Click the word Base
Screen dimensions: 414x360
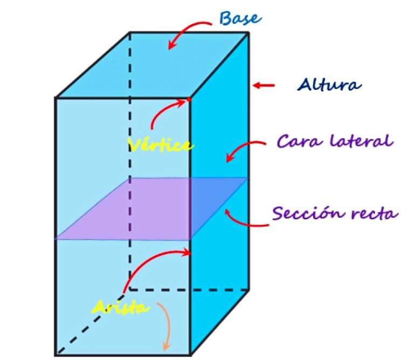tap(240, 18)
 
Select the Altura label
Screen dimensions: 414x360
tap(329, 84)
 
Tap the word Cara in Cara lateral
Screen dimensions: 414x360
tap(300, 141)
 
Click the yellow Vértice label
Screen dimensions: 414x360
tap(160, 145)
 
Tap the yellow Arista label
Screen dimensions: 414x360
tap(121, 307)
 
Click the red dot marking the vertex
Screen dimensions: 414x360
tap(189, 100)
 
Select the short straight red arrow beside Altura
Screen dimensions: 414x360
tap(264, 85)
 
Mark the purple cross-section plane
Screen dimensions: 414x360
tap(152, 209)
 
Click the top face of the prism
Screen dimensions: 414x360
tap(153, 65)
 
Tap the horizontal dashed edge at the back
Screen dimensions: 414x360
tap(189, 290)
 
